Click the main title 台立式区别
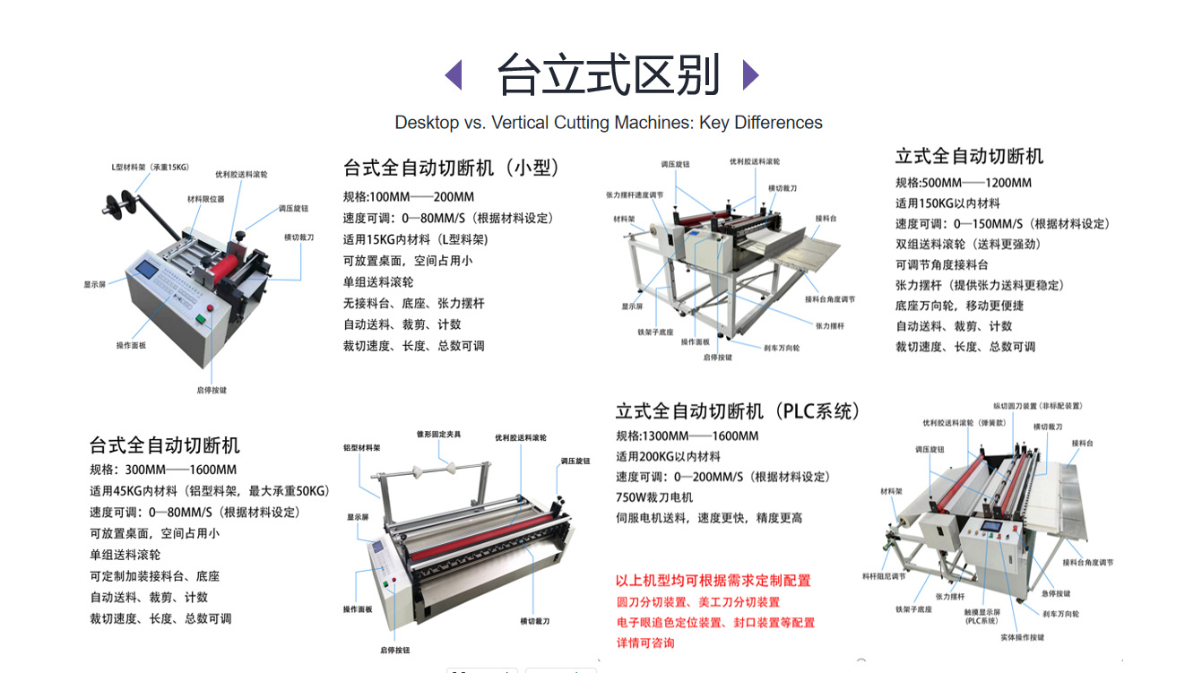point(609,75)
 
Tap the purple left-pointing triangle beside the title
point(454,75)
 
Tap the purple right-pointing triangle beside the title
point(751,75)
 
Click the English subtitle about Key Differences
point(609,123)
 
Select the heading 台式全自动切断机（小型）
point(452,168)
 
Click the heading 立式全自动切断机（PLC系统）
point(738,411)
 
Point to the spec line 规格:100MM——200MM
point(409,197)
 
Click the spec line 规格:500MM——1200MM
point(964,183)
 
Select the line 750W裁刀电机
point(654,497)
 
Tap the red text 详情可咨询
point(645,643)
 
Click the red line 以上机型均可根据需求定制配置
point(713,581)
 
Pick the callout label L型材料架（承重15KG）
point(150,168)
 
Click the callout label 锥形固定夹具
point(439,434)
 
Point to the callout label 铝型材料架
point(362,446)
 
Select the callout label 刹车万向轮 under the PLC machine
point(1060,614)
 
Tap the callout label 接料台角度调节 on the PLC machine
point(1087,563)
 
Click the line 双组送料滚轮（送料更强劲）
point(968,244)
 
